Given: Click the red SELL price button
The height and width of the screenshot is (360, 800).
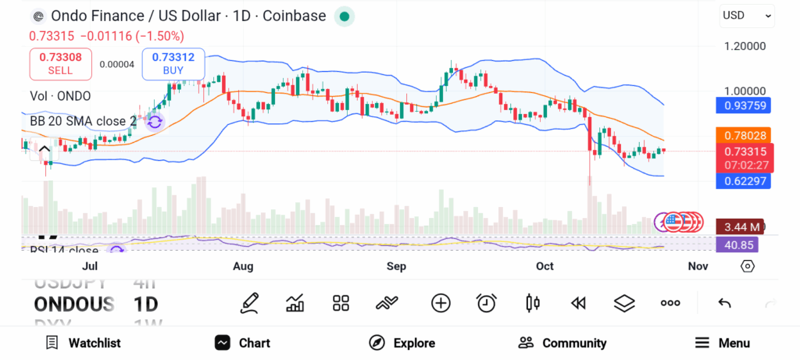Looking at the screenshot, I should point(60,63).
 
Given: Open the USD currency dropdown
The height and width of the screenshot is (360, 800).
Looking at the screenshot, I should point(746,15).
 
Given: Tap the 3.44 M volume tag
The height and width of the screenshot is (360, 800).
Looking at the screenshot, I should point(739,227).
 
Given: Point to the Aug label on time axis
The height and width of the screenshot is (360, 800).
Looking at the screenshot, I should point(243,266).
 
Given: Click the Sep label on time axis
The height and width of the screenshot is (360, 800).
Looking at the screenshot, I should point(396,266).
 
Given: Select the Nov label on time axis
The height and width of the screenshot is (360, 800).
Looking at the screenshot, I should point(698,266).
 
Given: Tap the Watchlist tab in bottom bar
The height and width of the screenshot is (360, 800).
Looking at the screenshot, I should point(83,343).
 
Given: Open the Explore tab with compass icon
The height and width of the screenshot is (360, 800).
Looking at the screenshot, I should point(402,343).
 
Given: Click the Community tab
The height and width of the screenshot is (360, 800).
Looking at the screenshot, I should point(562,343).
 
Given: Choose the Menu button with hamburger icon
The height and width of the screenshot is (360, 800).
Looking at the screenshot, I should point(723,343).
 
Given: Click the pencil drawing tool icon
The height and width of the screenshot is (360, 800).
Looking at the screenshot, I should point(249,303).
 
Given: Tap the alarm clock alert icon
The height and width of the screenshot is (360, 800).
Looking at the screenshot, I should point(487,303).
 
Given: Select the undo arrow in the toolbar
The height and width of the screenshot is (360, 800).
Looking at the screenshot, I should point(724,303).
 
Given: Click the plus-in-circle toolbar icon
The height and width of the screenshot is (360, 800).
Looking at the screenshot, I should point(441,303).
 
